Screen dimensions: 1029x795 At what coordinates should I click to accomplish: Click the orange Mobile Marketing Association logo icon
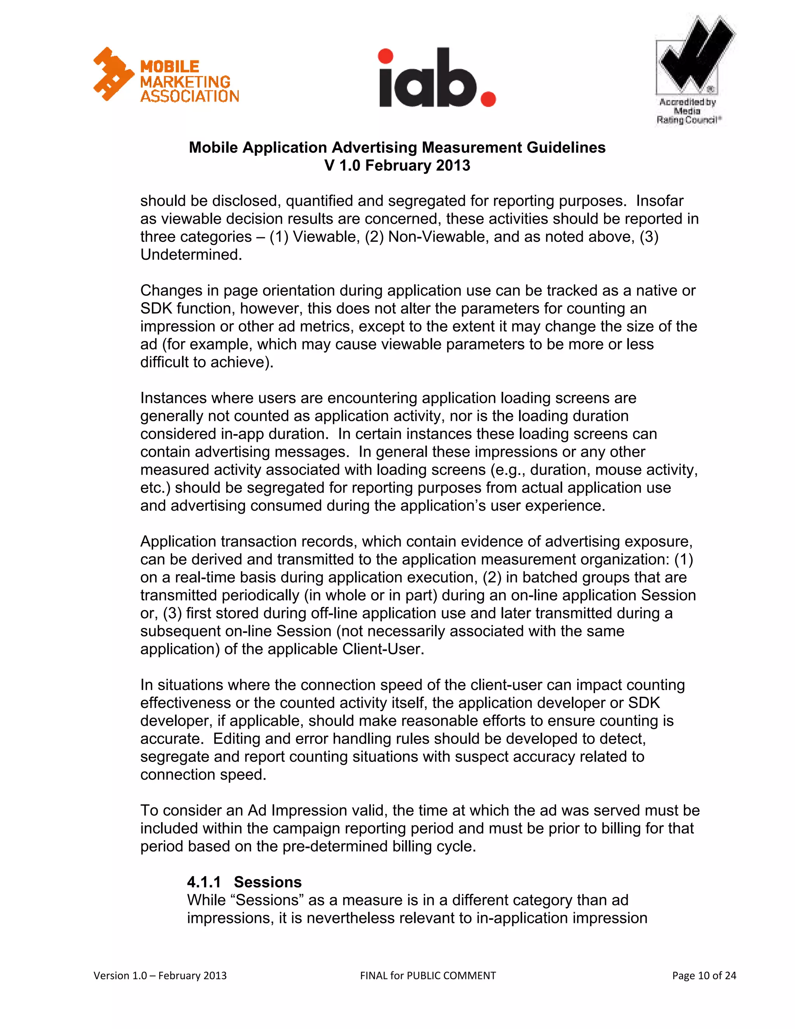pyautogui.click(x=113, y=74)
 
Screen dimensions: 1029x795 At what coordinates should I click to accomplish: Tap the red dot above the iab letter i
pyautogui.click(x=385, y=56)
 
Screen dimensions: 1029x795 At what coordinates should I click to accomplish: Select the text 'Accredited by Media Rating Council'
pyautogui.click(x=687, y=111)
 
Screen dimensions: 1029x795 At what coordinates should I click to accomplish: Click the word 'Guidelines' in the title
pyautogui.click(x=566, y=148)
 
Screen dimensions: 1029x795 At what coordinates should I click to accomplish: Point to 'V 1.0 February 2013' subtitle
pyautogui.click(x=397, y=166)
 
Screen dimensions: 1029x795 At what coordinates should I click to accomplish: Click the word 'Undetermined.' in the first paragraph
pyautogui.click(x=191, y=255)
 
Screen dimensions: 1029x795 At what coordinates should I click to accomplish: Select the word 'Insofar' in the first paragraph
pyautogui.click(x=660, y=201)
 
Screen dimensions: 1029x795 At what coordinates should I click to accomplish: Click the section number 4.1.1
pyautogui.click(x=203, y=882)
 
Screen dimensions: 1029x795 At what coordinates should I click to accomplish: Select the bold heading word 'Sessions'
pyautogui.click(x=267, y=882)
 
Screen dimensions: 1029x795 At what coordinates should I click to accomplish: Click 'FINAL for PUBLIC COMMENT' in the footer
pyautogui.click(x=428, y=975)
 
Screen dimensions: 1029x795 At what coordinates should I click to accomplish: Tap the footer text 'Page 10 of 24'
pyautogui.click(x=704, y=975)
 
